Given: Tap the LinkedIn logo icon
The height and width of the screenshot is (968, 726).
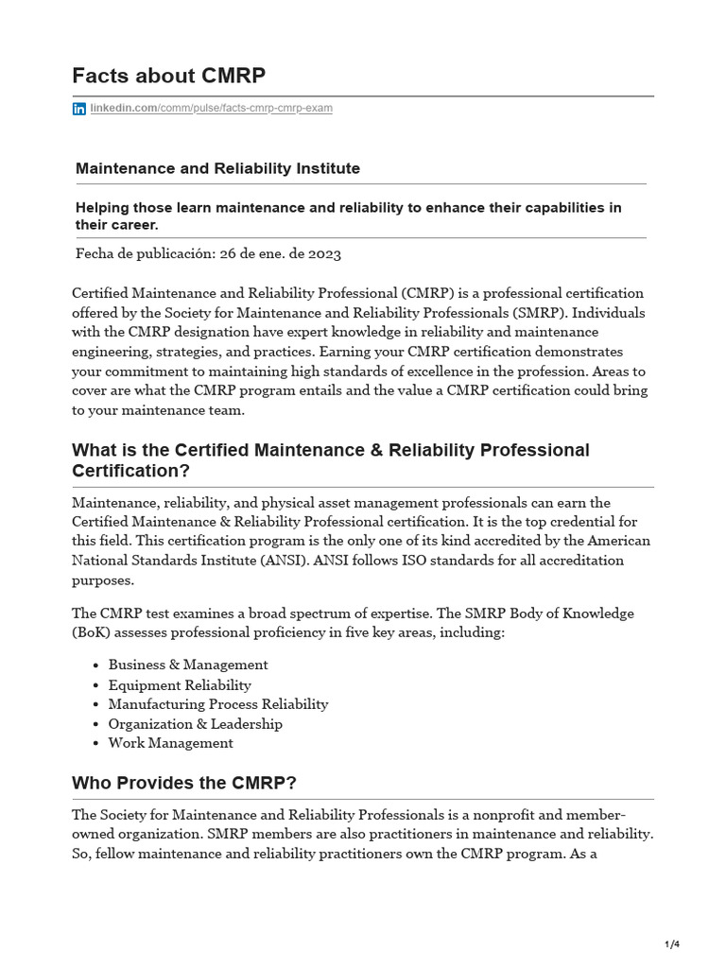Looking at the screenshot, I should tap(79, 109).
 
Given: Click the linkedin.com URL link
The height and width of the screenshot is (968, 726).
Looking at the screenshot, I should tap(211, 109).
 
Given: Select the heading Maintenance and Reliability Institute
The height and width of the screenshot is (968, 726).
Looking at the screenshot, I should tap(217, 168).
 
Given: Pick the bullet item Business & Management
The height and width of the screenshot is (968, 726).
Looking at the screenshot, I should tap(188, 665).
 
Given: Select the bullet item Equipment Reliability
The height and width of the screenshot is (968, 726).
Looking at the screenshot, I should tap(180, 684).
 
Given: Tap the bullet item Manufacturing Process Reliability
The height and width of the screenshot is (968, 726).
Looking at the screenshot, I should tap(218, 704).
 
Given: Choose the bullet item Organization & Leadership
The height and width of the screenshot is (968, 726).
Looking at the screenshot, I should tap(195, 724).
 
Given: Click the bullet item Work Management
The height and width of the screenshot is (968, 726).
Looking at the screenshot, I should tap(170, 743).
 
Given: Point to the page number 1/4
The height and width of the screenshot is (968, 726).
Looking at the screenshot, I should tap(672, 944).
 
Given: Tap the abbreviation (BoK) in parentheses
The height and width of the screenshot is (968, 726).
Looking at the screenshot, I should tap(93, 632).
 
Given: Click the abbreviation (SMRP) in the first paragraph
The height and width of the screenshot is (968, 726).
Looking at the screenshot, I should tap(537, 313).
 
